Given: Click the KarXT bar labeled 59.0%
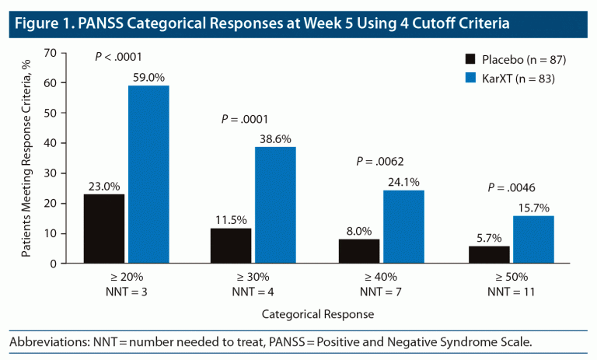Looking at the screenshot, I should (148, 174).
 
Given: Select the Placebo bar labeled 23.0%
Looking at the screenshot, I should (104, 229).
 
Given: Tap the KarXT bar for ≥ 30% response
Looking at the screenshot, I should (275, 204).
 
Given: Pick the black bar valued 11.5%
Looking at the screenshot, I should (231, 246).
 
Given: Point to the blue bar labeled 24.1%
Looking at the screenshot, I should (403, 226).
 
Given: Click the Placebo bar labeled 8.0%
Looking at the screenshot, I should (358, 251).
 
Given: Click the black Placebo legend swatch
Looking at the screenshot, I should (471, 59).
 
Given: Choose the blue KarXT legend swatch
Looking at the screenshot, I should (471, 78).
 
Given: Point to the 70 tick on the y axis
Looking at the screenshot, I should (52, 53).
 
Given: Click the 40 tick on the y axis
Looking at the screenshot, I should (52, 143).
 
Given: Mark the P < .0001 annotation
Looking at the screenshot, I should (118, 57).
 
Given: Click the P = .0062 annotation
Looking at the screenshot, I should (381, 162).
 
